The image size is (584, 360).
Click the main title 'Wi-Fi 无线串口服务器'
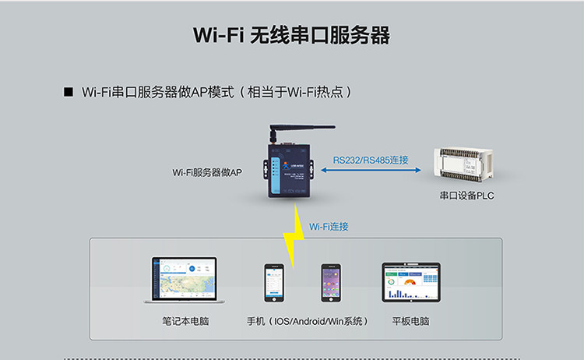(x=291, y=36)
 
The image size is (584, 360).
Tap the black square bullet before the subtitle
(x=68, y=92)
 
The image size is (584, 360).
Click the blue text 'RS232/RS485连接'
(x=371, y=160)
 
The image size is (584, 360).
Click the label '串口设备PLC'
(x=466, y=196)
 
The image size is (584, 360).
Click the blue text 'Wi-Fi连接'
(x=329, y=227)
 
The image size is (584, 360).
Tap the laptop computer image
(x=184, y=281)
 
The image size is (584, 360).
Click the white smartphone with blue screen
(x=273, y=283)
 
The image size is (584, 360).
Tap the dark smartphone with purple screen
(x=331, y=283)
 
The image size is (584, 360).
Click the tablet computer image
(x=410, y=281)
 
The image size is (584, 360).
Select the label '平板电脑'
(x=410, y=321)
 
